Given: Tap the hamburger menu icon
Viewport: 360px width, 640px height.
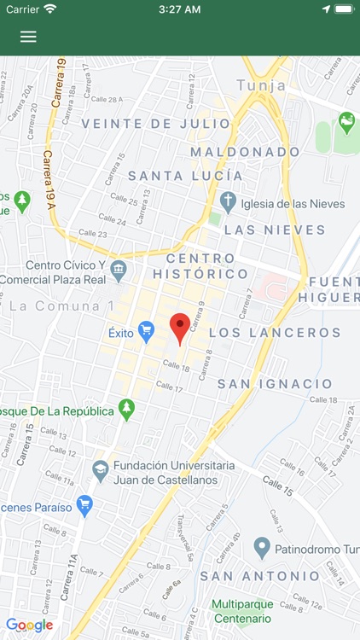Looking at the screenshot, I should (28, 37).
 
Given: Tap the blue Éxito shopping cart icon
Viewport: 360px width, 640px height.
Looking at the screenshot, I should (147, 331).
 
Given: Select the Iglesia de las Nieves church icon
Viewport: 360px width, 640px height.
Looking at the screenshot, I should (228, 202).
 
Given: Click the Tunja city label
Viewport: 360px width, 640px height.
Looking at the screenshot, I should (261, 85).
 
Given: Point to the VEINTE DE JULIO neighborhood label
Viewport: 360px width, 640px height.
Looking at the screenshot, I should (156, 124).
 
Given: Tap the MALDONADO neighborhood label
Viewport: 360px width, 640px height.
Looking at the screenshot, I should (246, 151).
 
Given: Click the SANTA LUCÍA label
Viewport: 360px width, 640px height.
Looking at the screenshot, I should (185, 176).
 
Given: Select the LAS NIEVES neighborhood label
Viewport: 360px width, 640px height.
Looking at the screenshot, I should (275, 230).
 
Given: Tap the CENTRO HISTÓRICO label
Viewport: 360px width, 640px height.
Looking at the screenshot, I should (200, 266).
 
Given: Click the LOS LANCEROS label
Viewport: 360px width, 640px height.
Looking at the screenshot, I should (275, 332).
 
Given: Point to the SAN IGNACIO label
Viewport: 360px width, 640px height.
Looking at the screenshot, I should (275, 384).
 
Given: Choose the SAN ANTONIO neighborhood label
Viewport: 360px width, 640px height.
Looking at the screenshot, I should (259, 576).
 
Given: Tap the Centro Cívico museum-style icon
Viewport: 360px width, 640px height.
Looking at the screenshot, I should (119, 271).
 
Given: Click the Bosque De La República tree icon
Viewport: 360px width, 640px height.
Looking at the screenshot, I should (127, 410).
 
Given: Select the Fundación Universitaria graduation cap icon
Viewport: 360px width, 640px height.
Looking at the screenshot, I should (101, 470).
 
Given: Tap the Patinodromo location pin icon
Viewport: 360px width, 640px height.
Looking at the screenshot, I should (262, 546).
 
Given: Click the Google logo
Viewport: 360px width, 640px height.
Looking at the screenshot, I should (30, 625).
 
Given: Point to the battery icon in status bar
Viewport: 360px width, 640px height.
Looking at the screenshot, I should (344, 9).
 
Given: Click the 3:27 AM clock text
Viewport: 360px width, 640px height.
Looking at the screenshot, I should (180, 9).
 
